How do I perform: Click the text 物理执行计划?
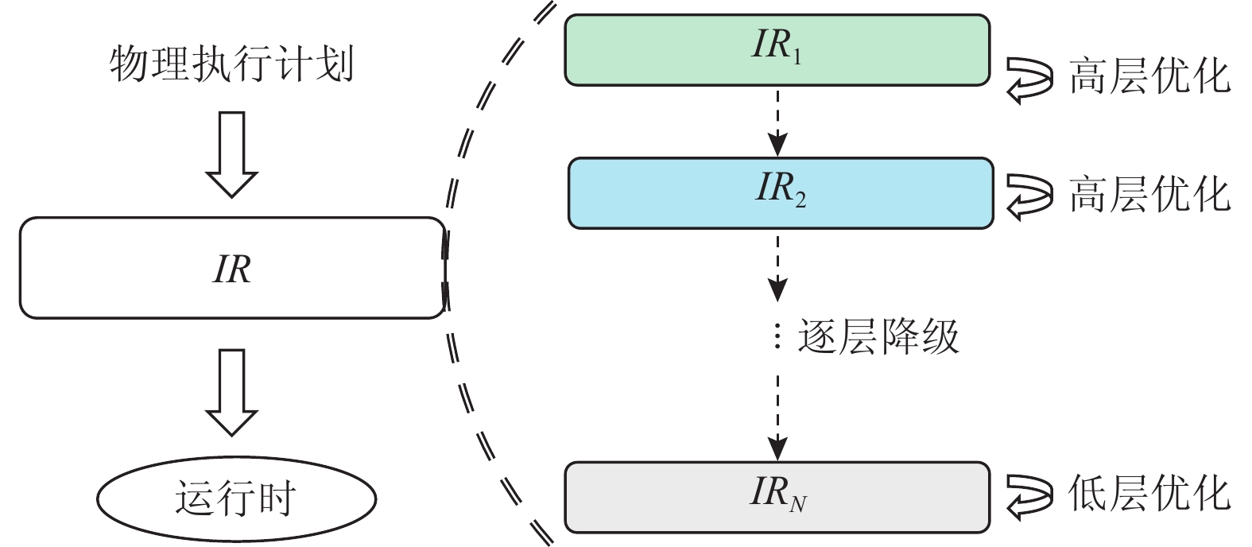(x=231, y=64)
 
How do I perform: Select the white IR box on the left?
(x=231, y=269)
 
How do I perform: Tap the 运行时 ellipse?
(x=235, y=499)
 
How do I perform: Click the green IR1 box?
(x=777, y=49)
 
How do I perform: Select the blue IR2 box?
(x=780, y=193)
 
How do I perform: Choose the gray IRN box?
(x=777, y=497)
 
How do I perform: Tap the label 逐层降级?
(x=878, y=337)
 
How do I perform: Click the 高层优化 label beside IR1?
(x=1149, y=78)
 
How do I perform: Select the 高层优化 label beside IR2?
(x=1149, y=195)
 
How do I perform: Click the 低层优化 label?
(x=1149, y=495)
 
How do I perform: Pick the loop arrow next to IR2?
(x=1029, y=196)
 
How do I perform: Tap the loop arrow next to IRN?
(x=1029, y=495)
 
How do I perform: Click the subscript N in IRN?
(x=798, y=503)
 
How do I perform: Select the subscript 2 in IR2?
(x=800, y=200)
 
